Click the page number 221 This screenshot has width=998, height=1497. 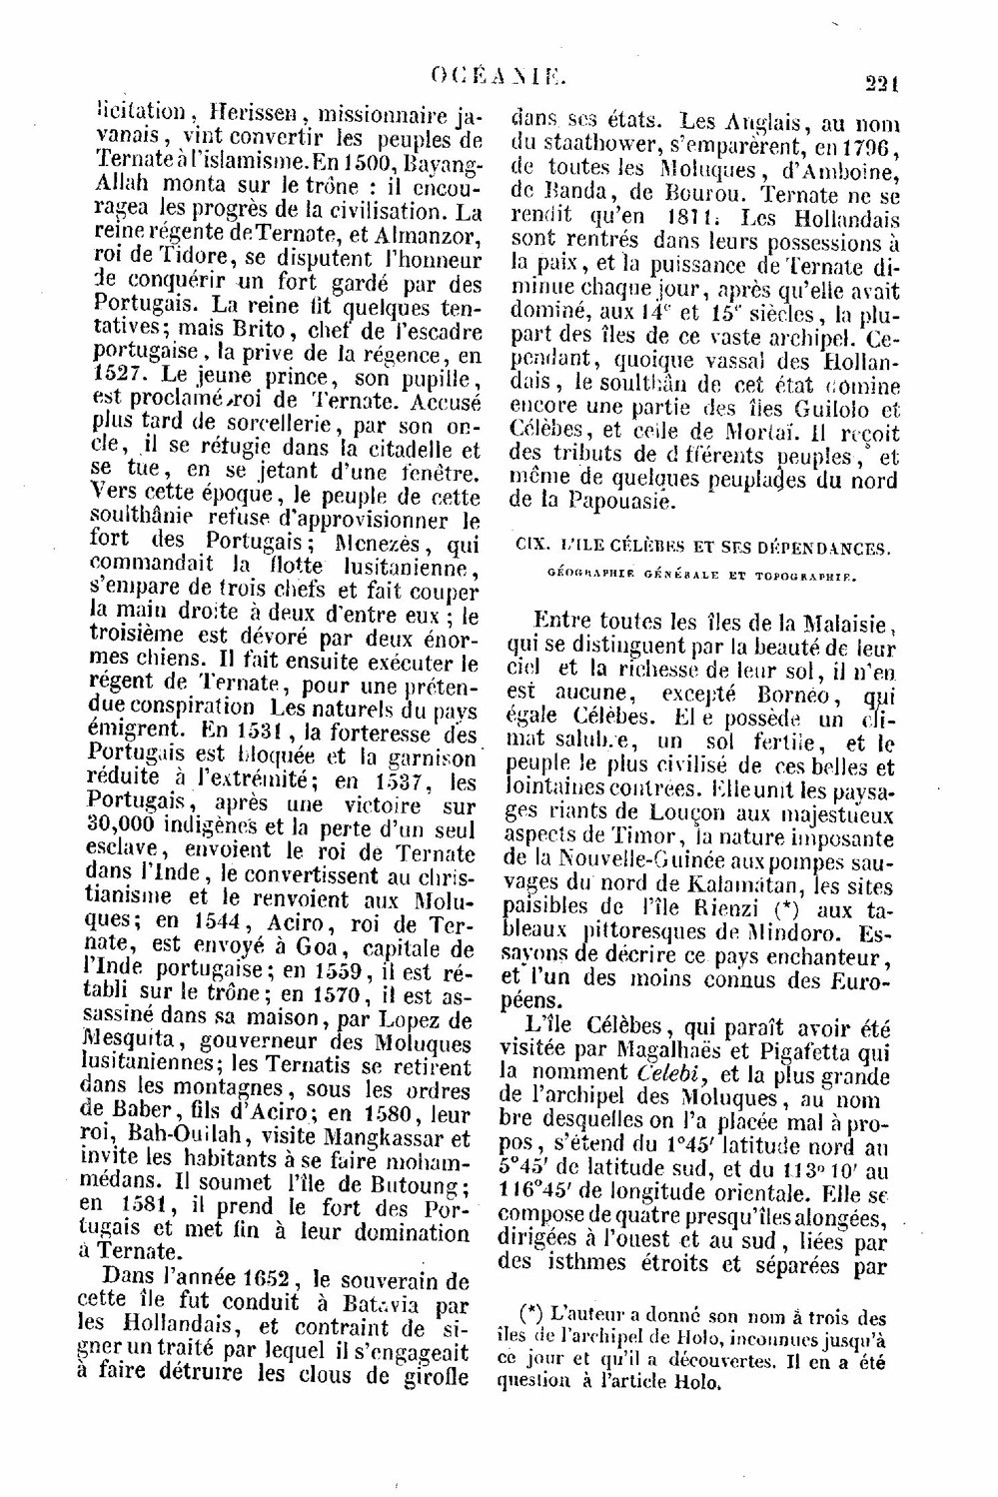pos(882,85)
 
